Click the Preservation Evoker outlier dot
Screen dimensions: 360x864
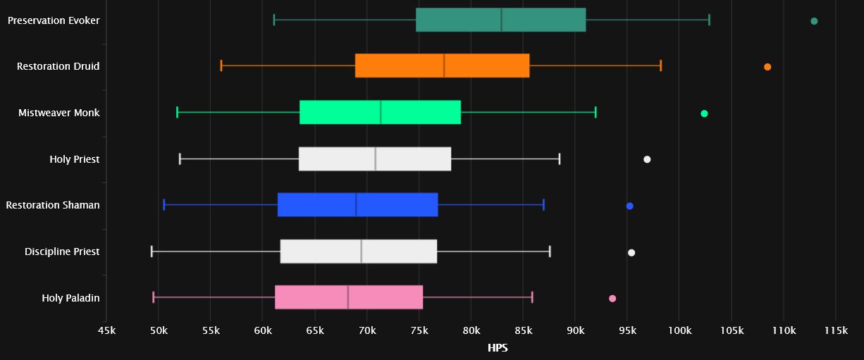(x=814, y=21)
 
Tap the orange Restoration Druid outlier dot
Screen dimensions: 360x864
(x=767, y=67)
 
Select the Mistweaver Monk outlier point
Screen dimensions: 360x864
(x=704, y=113)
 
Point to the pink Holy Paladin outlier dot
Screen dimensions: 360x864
(x=612, y=299)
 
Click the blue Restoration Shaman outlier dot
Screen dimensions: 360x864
(x=629, y=206)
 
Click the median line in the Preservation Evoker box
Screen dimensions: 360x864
(x=501, y=20)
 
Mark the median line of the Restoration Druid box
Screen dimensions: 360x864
(x=444, y=66)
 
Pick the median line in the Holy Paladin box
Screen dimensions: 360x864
(x=347, y=297)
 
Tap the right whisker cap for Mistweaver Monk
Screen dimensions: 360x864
(x=595, y=112)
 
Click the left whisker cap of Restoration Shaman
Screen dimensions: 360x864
(x=163, y=204)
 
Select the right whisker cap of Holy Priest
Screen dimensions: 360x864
(x=559, y=159)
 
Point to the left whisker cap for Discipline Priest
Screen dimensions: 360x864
(x=152, y=251)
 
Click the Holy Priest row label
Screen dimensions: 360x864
(x=74, y=159)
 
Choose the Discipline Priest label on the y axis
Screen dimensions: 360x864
(x=62, y=252)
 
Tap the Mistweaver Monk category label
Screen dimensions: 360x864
(x=59, y=113)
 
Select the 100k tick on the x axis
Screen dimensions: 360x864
(x=679, y=331)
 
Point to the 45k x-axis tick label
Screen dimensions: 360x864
(x=106, y=331)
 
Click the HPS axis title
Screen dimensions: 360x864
(x=498, y=348)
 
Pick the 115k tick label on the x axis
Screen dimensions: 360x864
(x=835, y=331)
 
